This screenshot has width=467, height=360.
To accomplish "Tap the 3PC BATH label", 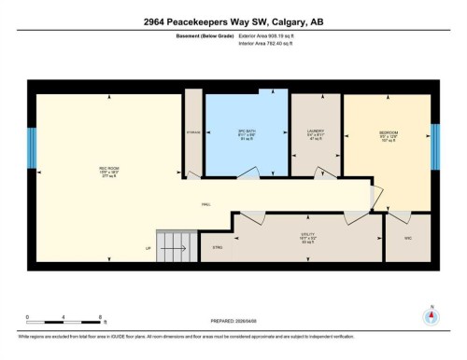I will click(246, 132).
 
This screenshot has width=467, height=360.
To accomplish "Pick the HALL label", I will click(204, 204).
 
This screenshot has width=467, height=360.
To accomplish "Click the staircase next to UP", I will click(176, 247).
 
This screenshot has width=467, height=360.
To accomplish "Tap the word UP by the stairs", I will click(147, 248).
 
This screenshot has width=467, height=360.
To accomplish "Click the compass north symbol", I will click(430, 317).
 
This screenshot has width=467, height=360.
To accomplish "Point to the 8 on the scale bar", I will click(101, 317).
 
